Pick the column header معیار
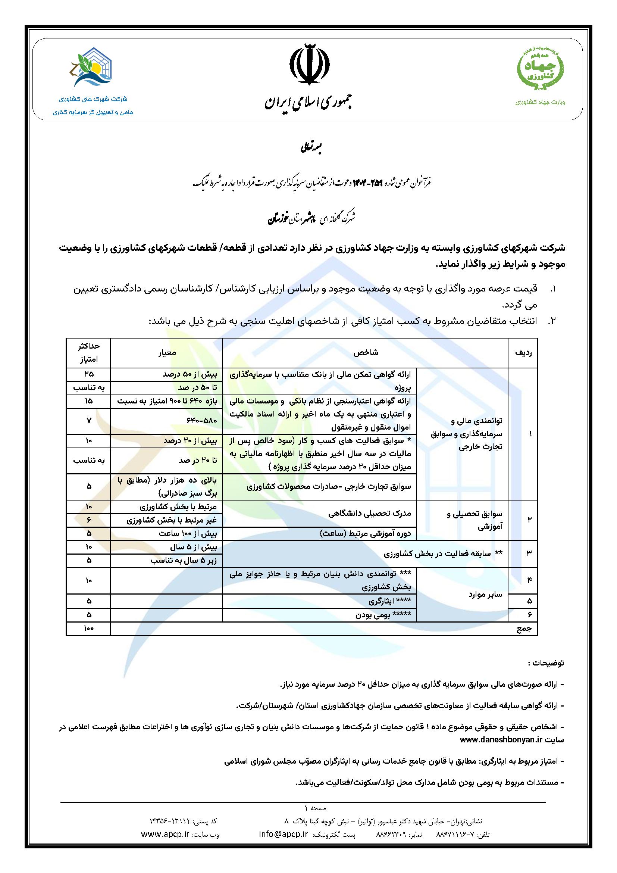166,352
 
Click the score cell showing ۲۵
88,374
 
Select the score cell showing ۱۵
88,401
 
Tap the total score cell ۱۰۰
88,629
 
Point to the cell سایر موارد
485,595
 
